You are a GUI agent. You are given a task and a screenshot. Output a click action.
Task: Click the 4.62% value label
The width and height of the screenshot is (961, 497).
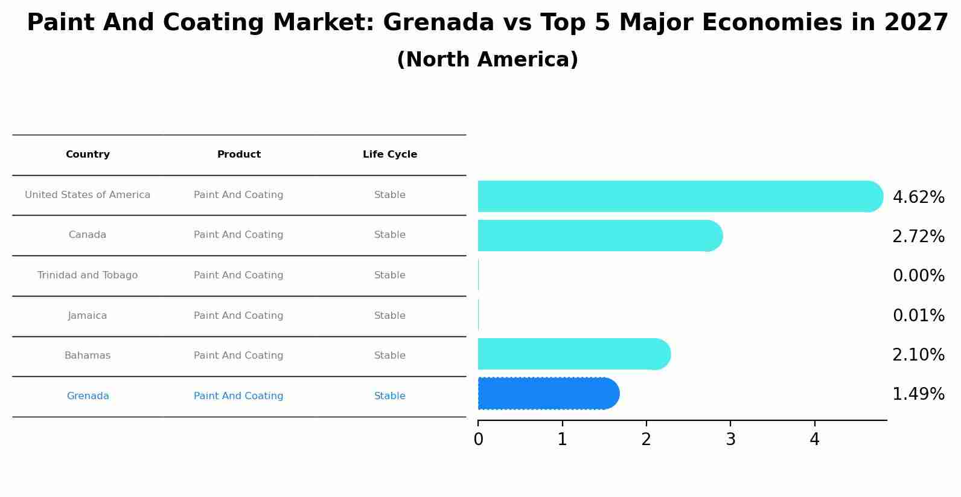[918, 197]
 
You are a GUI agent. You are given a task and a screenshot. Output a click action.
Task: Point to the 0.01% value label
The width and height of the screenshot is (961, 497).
[918, 316]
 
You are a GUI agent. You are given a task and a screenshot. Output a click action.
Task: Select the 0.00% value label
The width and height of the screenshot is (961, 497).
[918, 276]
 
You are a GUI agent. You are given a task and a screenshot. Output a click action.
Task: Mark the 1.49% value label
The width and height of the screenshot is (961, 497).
[918, 394]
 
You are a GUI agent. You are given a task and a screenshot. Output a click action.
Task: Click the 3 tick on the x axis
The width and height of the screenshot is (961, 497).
[730, 440]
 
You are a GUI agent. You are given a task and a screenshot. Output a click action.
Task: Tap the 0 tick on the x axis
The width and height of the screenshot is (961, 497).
[478, 440]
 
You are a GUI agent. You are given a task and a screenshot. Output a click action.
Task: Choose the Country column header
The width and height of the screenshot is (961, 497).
[88, 155]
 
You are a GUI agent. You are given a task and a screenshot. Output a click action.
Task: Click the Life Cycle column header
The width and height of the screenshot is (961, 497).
[390, 155]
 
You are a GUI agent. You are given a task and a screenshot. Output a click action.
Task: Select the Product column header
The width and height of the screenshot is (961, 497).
[239, 155]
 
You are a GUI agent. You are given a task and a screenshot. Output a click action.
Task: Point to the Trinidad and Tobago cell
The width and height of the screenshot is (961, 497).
[88, 275]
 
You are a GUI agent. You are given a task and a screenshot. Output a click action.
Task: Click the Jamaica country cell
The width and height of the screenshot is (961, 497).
[88, 316]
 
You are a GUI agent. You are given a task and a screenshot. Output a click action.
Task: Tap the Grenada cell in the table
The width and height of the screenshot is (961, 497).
[88, 396]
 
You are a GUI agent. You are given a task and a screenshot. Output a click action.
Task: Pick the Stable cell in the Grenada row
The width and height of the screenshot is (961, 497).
[390, 396]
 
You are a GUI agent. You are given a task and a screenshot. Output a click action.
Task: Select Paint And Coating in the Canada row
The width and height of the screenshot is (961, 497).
[238, 235]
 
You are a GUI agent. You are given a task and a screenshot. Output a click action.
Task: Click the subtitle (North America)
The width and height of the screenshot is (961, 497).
[487, 60]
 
